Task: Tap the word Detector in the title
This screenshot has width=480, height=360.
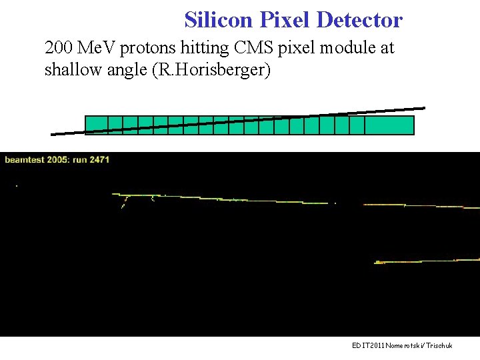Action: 359,20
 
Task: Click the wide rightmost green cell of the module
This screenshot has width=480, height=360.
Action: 389,125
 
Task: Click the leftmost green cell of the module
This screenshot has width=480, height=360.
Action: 96,125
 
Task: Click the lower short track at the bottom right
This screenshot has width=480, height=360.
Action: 427,261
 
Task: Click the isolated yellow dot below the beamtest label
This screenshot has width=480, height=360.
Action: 17,185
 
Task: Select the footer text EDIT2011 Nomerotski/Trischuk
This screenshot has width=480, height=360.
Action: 402,345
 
